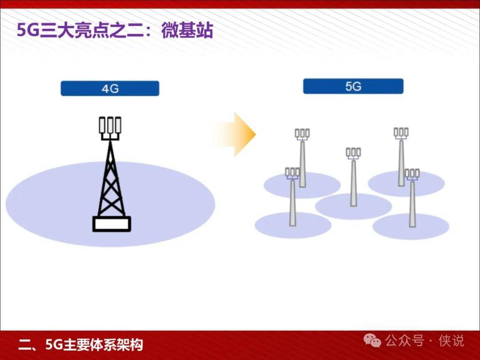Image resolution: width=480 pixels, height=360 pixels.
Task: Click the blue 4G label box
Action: click(x=110, y=88)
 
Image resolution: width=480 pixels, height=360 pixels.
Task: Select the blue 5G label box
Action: click(x=353, y=86)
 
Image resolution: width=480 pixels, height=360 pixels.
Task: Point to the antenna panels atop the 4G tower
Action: click(x=110, y=125)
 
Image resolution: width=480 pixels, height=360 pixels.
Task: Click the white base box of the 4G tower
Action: click(x=112, y=224)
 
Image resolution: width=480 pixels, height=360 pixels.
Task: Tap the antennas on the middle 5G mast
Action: click(x=353, y=152)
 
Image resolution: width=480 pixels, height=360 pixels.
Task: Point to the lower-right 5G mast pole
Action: click(x=412, y=204)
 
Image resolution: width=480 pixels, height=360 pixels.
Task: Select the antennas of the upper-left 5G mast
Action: click(x=302, y=134)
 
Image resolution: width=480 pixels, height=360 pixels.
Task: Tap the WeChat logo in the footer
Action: click(x=372, y=340)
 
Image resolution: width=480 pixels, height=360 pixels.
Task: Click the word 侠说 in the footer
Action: click(x=451, y=341)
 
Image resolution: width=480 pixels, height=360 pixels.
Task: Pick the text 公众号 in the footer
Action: click(x=405, y=341)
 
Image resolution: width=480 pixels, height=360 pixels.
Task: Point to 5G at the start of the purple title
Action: click(x=28, y=31)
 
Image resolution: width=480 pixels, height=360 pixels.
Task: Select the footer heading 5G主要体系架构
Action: click(x=94, y=345)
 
